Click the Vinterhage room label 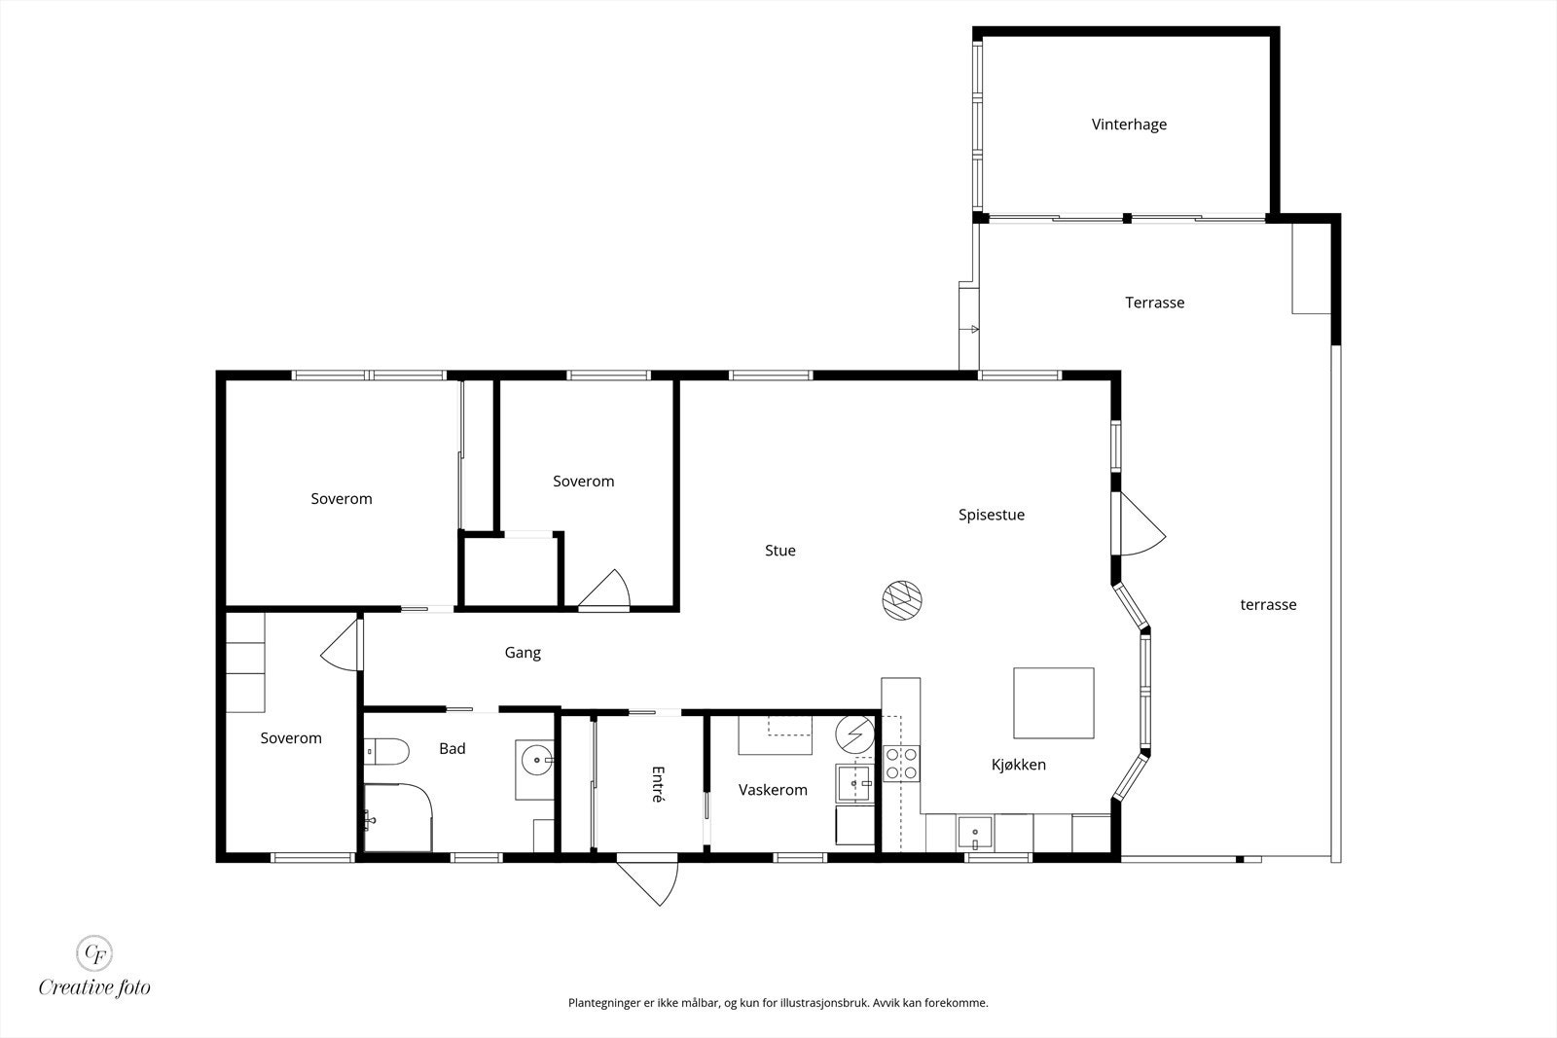point(1129,125)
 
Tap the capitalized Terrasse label point(1154,303)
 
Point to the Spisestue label point(992,515)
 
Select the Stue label point(779,551)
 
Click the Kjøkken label point(1018,765)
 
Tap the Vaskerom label point(773,790)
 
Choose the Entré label point(658,784)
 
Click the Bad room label point(452,748)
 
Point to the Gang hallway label point(523,653)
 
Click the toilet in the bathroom point(386,751)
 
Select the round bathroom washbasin point(536,760)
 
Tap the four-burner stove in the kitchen point(901,764)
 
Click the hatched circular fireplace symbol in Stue point(902,599)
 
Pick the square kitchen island point(1054,703)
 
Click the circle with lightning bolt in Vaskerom point(855,734)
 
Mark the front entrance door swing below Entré point(650,882)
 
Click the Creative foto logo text point(94,987)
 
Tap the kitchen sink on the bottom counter point(975,833)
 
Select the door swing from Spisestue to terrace point(1141,524)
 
